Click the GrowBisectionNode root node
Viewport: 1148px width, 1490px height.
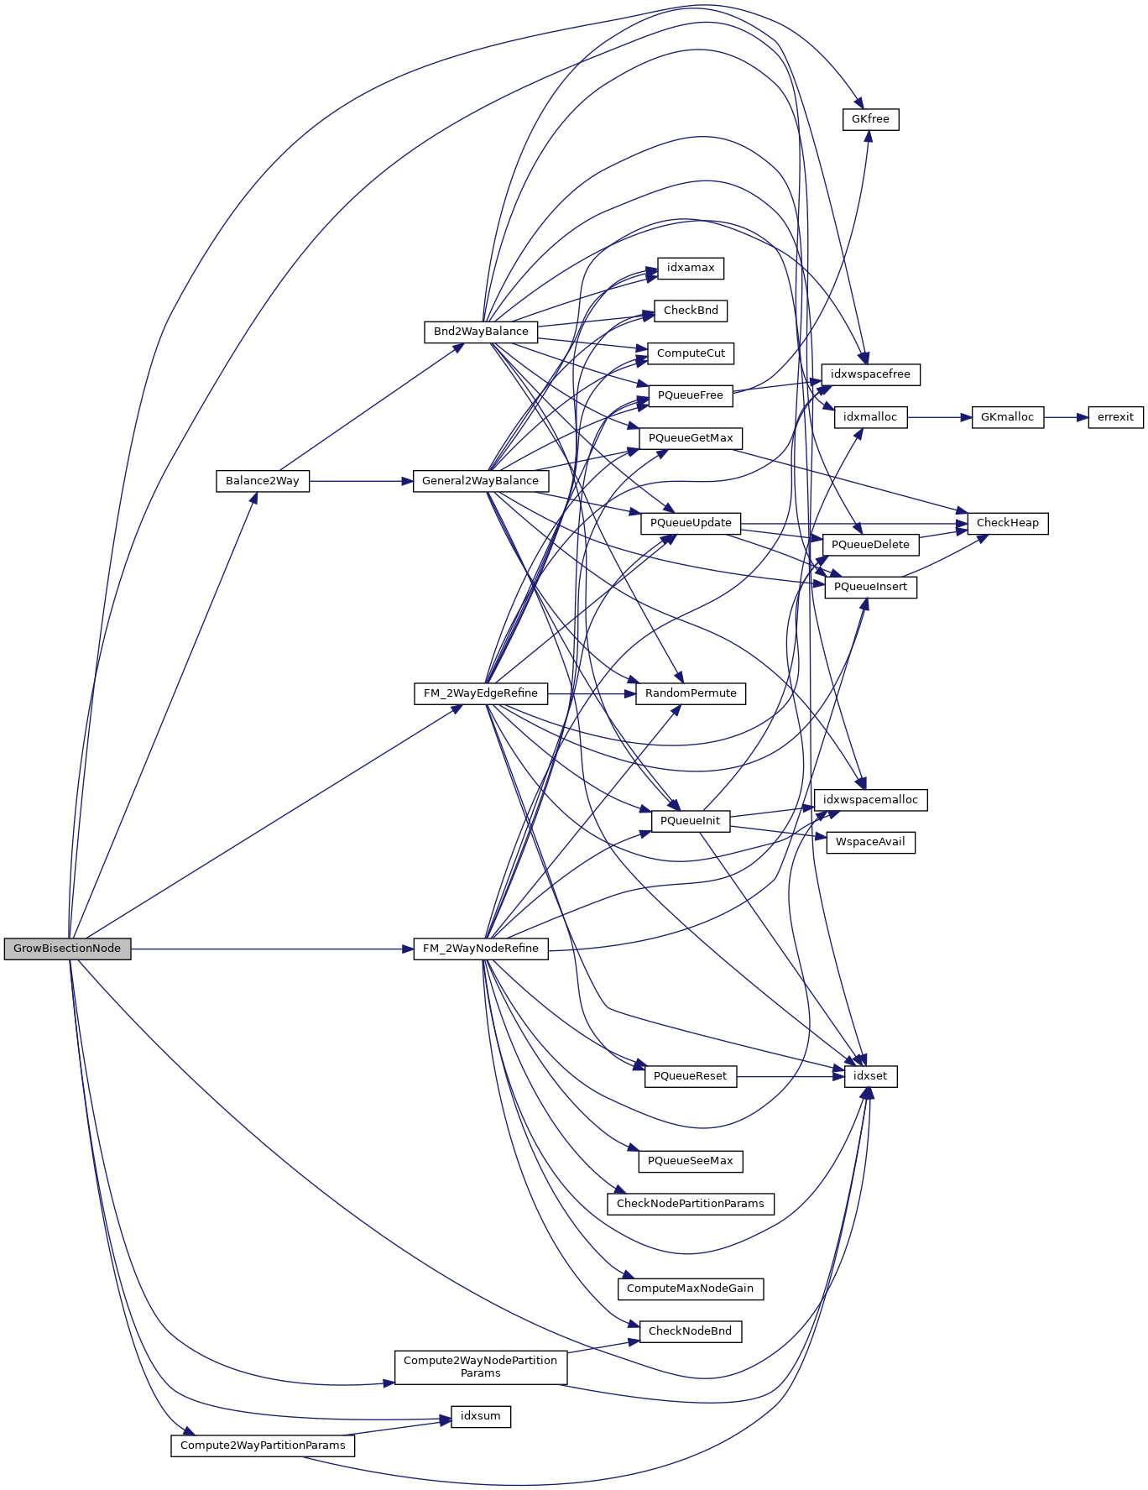[x=67, y=949]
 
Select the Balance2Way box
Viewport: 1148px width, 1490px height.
[x=263, y=481]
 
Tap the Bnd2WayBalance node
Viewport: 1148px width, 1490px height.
[x=481, y=332]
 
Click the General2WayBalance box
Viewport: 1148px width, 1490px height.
[x=480, y=481]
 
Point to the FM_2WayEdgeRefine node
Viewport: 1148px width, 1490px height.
[x=481, y=693]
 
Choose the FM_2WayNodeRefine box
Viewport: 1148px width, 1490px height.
[x=481, y=949]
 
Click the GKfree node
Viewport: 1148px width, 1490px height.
[x=870, y=119]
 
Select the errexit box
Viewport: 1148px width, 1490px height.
[x=1115, y=417]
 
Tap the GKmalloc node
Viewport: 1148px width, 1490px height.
[x=1007, y=417]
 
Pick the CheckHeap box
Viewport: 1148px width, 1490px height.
[x=1007, y=523]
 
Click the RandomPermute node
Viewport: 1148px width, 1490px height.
[x=691, y=693]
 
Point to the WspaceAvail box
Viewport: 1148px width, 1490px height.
[x=870, y=842]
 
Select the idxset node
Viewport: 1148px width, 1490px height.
[x=870, y=1076]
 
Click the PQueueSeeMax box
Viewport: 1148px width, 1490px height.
[x=691, y=1161]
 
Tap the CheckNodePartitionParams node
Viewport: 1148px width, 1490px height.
[x=690, y=1204]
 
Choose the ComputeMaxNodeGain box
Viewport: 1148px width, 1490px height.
[x=690, y=1289]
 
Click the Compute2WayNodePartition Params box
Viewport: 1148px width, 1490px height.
[x=480, y=1367]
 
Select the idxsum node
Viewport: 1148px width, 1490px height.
[x=481, y=1416]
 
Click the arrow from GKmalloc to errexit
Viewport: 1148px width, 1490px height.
[x=1066, y=417]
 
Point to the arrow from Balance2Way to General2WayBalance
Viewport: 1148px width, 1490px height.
[x=361, y=481]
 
